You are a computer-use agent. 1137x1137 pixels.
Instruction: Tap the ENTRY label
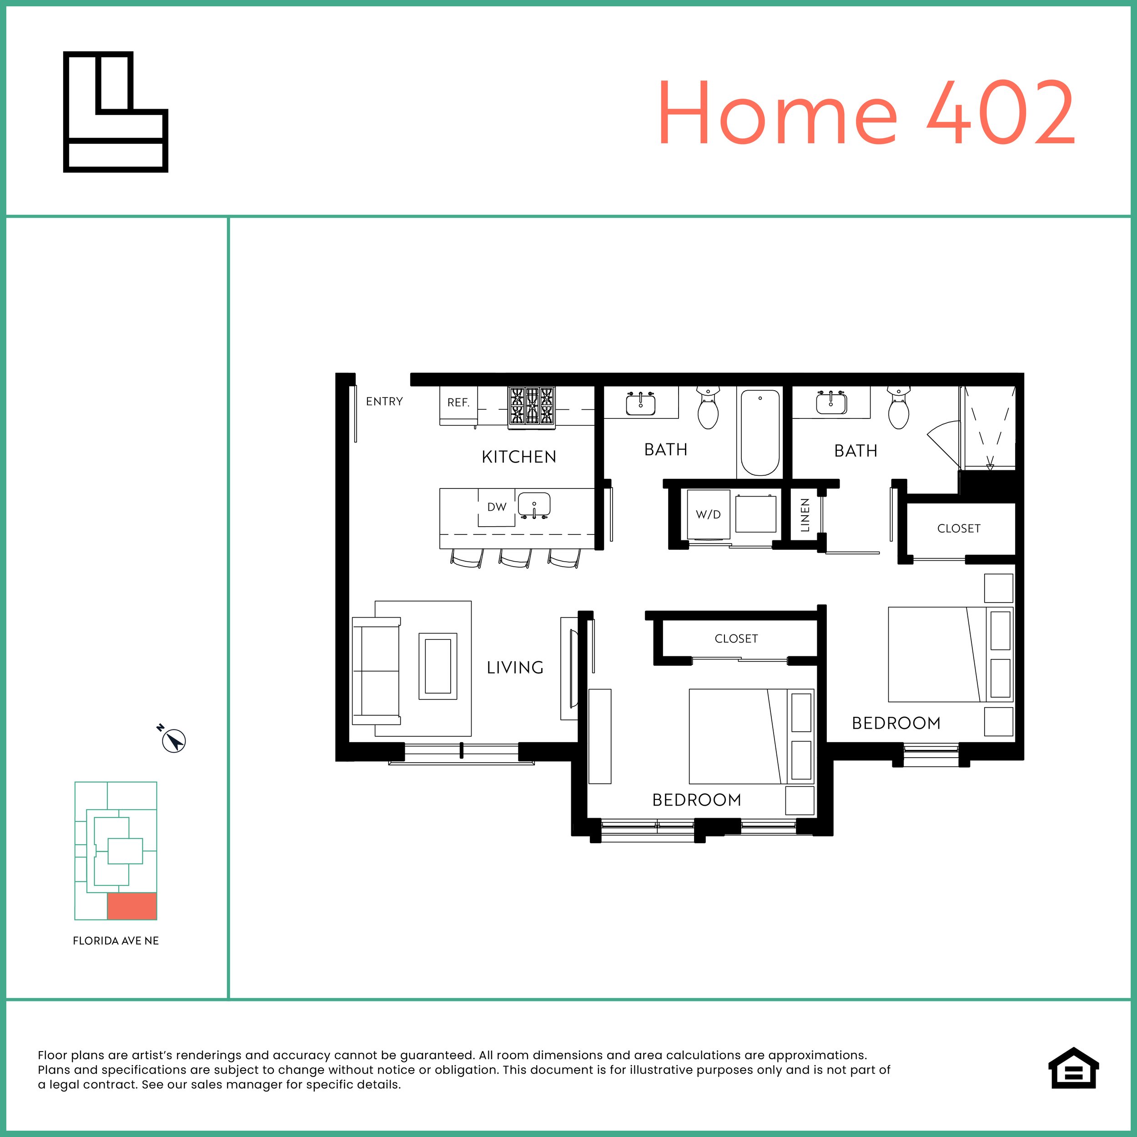384,402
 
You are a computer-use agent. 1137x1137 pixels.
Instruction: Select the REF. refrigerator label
458,402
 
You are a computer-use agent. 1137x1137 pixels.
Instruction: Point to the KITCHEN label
518,457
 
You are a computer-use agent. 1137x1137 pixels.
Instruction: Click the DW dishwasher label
497,507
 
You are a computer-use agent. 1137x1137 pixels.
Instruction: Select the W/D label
708,514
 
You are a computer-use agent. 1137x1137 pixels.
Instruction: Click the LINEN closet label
805,515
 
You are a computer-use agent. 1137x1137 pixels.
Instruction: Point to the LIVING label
515,667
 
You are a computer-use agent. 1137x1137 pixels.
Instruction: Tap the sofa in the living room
376,671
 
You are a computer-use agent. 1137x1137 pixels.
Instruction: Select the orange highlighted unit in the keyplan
132,906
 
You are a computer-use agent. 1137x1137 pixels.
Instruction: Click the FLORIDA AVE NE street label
116,941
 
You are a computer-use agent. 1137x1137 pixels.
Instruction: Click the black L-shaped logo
116,112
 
